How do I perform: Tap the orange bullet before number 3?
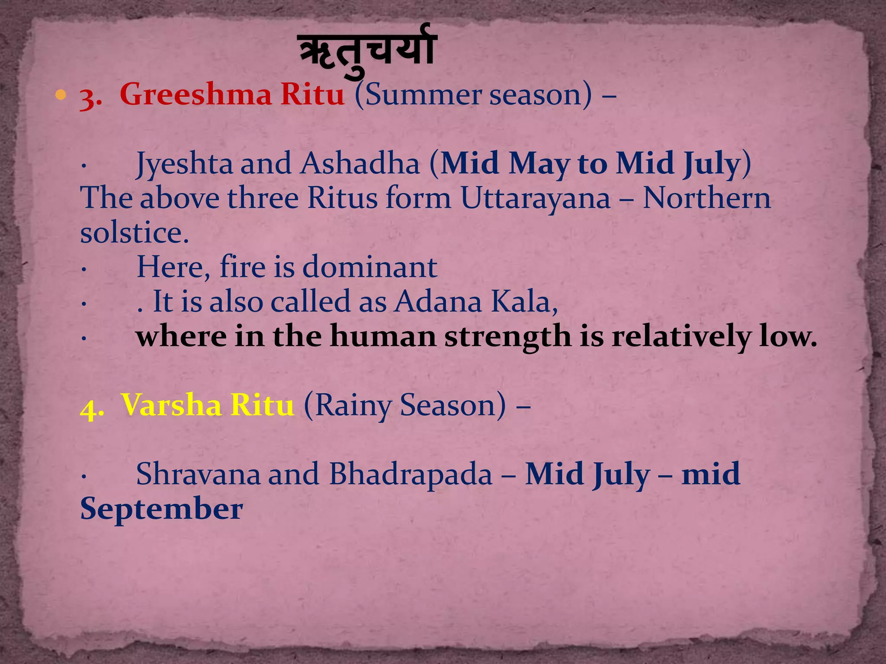61,94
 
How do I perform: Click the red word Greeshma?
196,95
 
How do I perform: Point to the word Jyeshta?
184,164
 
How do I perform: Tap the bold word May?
539,164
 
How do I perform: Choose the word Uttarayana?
535,198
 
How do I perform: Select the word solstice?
135,233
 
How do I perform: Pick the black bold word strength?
507,337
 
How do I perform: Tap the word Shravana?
198,474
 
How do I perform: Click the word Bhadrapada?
411,474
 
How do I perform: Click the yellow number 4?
90,407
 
